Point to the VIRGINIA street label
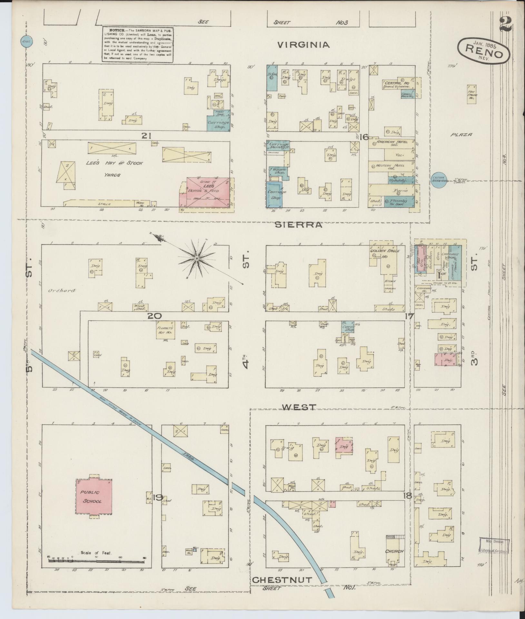[x=304, y=45]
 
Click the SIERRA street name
[x=298, y=225]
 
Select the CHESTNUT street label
[x=282, y=580]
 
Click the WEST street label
[x=299, y=407]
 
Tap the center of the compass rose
[x=196, y=258]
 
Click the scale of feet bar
[x=97, y=561]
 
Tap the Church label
[x=394, y=551]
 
